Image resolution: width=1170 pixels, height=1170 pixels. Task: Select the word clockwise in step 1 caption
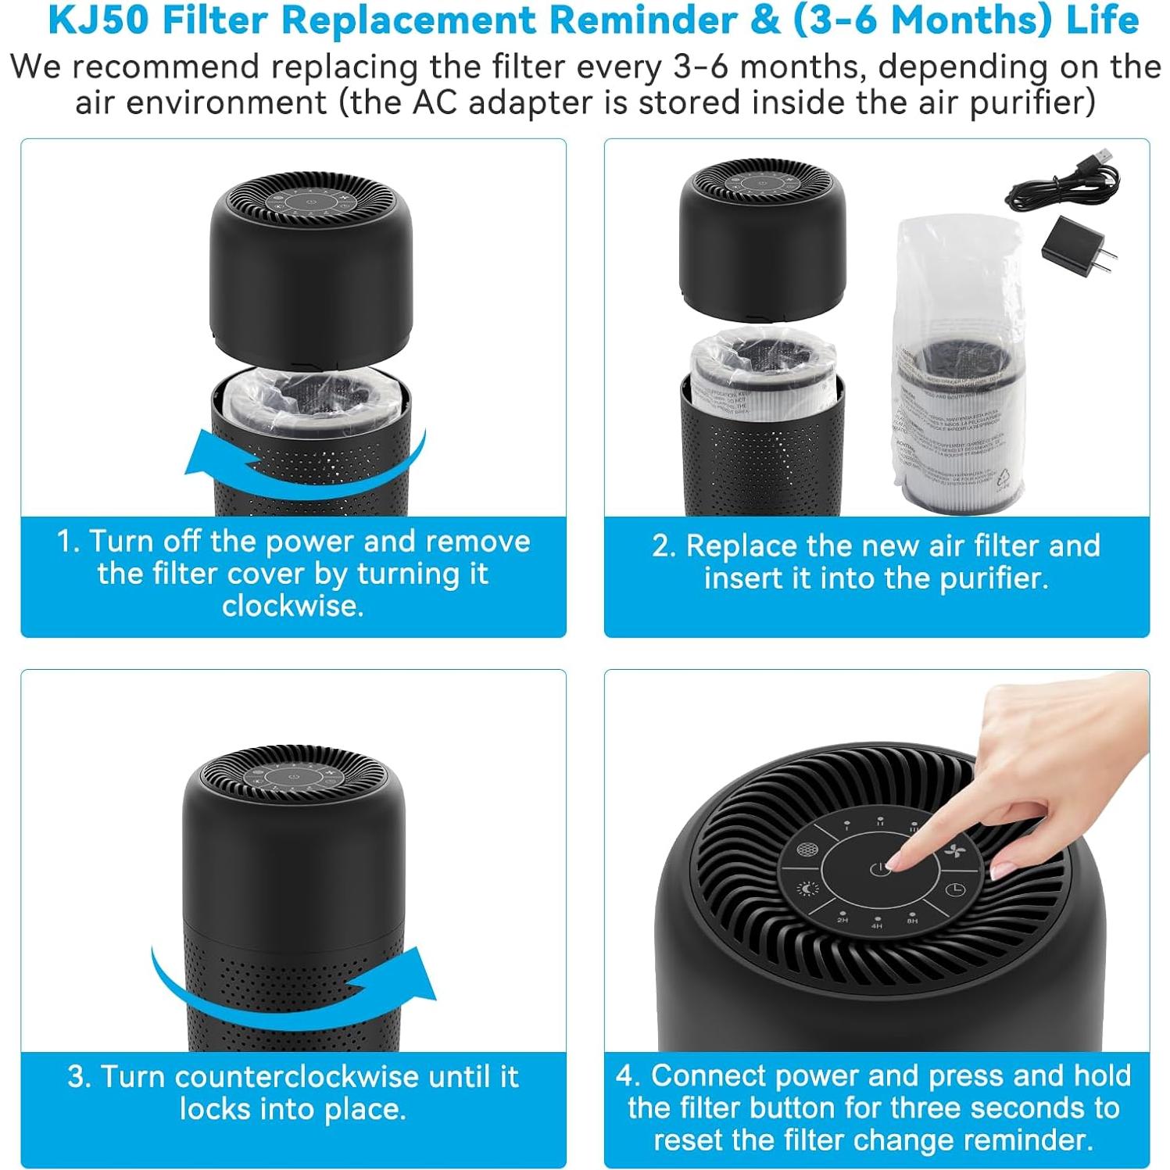point(292,606)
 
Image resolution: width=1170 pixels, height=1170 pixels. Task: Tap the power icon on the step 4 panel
point(879,869)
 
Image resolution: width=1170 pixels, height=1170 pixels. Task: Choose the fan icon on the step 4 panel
point(954,851)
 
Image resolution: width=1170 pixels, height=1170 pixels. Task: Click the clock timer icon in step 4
point(956,890)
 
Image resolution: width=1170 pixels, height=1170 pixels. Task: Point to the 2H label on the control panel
point(843,919)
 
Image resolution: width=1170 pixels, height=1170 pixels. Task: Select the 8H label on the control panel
point(912,920)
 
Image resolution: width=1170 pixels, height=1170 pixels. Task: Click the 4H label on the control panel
point(877,925)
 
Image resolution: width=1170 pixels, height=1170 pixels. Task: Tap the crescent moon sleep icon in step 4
point(807,889)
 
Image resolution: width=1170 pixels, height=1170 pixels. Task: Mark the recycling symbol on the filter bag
point(1004,478)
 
